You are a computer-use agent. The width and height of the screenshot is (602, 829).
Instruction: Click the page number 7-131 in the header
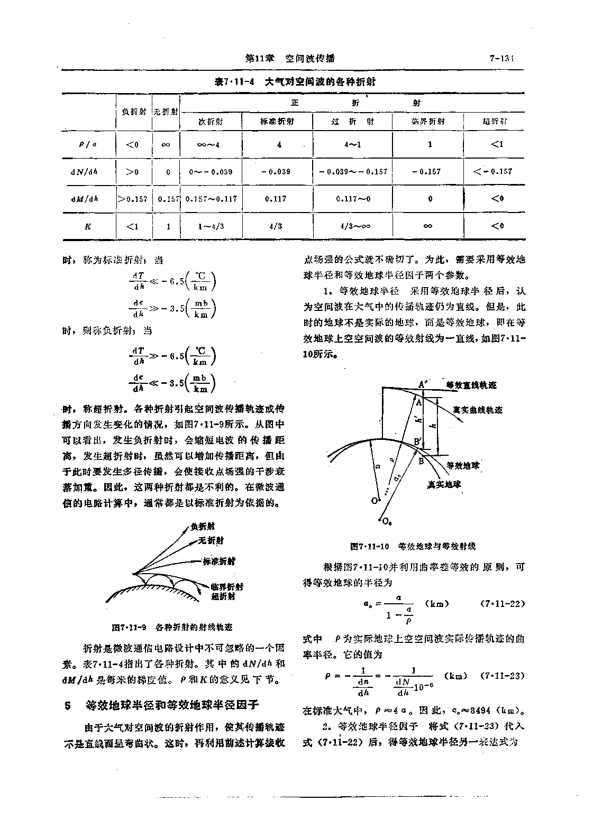tap(502, 59)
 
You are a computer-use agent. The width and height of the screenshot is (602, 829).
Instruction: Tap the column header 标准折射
tap(277, 121)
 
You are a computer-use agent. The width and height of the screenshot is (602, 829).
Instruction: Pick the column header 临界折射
tap(428, 121)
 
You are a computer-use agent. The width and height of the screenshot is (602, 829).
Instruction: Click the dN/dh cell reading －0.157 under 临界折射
tap(428, 171)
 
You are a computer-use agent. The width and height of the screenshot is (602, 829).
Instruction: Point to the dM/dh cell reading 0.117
tap(277, 199)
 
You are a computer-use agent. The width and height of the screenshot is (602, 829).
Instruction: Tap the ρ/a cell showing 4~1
tap(352, 144)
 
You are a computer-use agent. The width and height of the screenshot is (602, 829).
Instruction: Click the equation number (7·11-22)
tap(503, 604)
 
